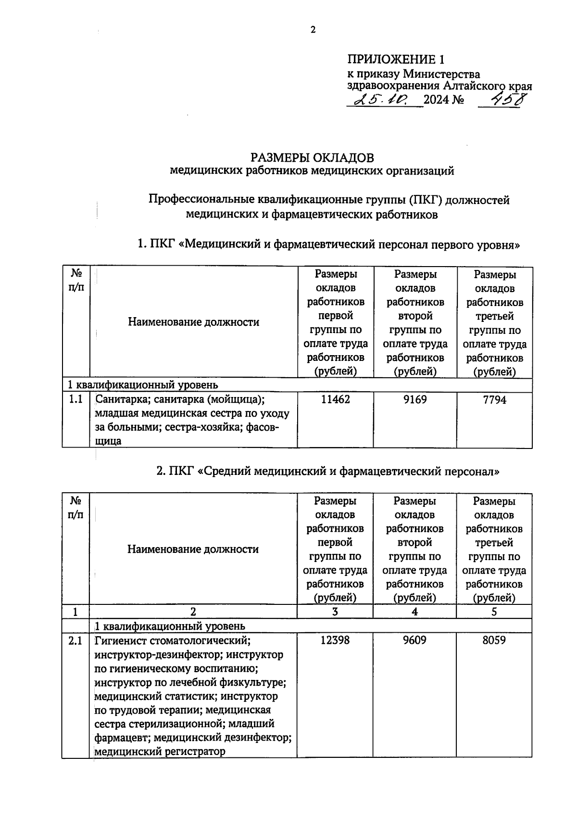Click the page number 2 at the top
pyautogui.click(x=313, y=30)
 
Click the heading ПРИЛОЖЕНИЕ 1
pyautogui.click(x=396, y=60)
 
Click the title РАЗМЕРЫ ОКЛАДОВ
pyautogui.click(x=312, y=158)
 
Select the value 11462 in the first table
pyautogui.click(x=336, y=399)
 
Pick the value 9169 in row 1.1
pyautogui.click(x=415, y=399)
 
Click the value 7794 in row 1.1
pyautogui.click(x=494, y=399)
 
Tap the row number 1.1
pyautogui.click(x=75, y=399)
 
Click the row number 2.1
pyautogui.click(x=75, y=640)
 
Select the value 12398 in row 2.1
pyautogui.click(x=335, y=640)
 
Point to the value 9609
pyautogui.click(x=414, y=640)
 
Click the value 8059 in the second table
pyautogui.click(x=494, y=640)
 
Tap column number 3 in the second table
pyautogui.click(x=335, y=612)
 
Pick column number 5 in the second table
pyautogui.click(x=494, y=612)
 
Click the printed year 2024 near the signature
pyautogui.click(x=436, y=100)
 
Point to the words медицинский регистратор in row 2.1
pyautogui.click(x=160, y=751)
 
